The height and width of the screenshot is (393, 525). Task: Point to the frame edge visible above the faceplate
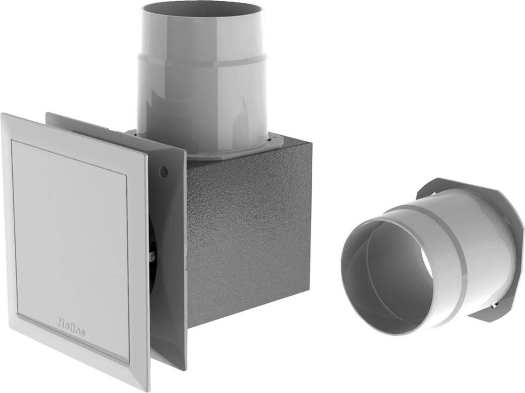tap(82, 123)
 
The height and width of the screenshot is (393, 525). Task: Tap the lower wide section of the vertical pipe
tap(203, 108)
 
